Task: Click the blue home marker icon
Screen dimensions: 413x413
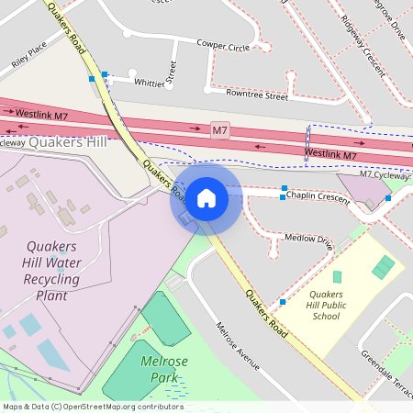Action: pyautogui.click(x=206, y=197)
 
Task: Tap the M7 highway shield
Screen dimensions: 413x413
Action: pyautogui.click(x=219, y=131)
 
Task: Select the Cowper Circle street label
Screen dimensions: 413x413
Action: pyautogui.click(x=223, y=45)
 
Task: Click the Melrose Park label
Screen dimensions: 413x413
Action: pyautogui.click(x=164, y=369)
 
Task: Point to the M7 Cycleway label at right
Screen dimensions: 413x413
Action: pyautogui.click(x=385, y=173)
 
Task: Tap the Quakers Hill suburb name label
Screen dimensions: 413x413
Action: pyautogui.click(x=67, y=141)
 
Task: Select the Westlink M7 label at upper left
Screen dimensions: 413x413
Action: pyautogui.click(x=40, y=115)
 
